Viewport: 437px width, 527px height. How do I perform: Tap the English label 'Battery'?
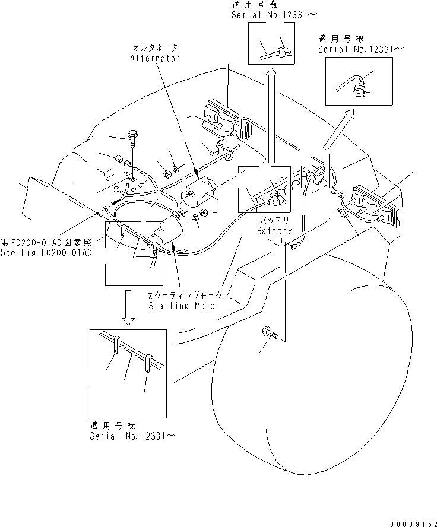tap(274, 231)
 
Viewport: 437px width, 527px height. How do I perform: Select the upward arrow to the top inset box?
tap(271, 113)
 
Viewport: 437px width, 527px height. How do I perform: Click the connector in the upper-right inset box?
tap(359, 91)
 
